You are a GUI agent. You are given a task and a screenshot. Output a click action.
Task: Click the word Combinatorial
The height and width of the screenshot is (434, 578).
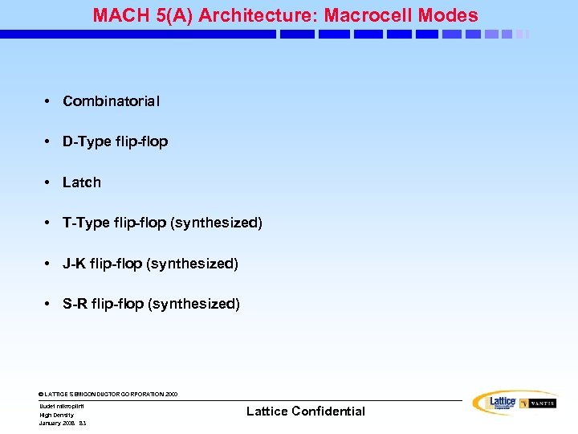(x=111, y=101)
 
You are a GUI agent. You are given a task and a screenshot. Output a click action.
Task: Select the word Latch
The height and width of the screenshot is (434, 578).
(x=82, y=182)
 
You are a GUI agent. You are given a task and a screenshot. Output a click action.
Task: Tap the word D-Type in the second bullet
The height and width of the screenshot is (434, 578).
(x=87, y=141)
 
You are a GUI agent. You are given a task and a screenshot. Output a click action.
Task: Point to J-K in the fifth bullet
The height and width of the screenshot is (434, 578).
(x=75, y=264)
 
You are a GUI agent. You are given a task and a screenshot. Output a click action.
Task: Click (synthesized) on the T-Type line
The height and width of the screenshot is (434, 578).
(x=216, y=223)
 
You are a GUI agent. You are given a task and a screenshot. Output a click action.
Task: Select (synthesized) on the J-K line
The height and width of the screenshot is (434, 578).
(x=192, y=264)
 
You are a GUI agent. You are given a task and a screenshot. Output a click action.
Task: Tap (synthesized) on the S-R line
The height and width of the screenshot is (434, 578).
(x=193, y=304)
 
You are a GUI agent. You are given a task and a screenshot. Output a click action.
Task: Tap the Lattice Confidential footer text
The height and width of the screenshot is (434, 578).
(x=305, y=411)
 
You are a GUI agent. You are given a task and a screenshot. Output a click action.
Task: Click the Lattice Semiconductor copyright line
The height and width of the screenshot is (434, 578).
(x=108, y=395)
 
